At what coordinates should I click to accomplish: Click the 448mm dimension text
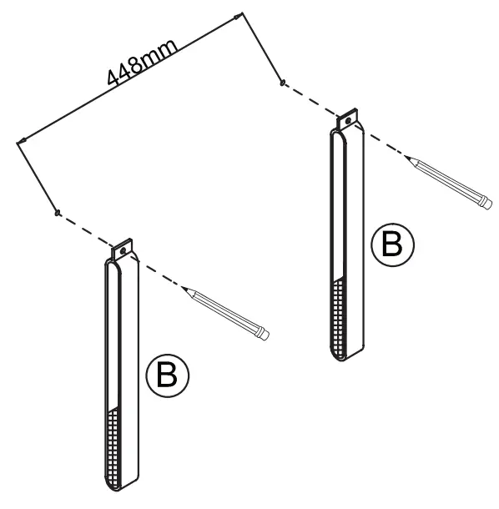[x=143, y=62]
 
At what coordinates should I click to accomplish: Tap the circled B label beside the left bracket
[x=167, y=375]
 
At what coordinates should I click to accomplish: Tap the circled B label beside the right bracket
[x=393, y=244]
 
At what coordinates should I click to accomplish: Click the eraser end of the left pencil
[x=265, y=335]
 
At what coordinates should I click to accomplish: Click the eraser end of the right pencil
[x=487, y=204]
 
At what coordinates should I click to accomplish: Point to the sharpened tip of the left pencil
[x=182, y=287]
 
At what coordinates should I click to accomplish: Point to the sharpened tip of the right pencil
[x=406, y=156]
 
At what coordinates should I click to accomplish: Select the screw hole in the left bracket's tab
[x=123, y=251]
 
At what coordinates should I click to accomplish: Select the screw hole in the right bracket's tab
[x=348, y=121]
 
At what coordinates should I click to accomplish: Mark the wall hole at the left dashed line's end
[x=57, y=213]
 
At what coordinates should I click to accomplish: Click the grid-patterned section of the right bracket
[x=338, y=318]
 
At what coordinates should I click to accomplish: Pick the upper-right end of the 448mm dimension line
[x=241, y=14]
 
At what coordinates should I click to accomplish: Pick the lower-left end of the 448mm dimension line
[x=18, y=143]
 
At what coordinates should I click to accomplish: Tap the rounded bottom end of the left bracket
[x=113, y=487]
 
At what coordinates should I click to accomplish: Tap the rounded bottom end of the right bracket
[x=339, y=356]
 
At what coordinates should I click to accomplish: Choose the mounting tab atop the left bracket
[x=123, y=249]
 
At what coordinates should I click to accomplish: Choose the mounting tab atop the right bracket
[x=348, y=118]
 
